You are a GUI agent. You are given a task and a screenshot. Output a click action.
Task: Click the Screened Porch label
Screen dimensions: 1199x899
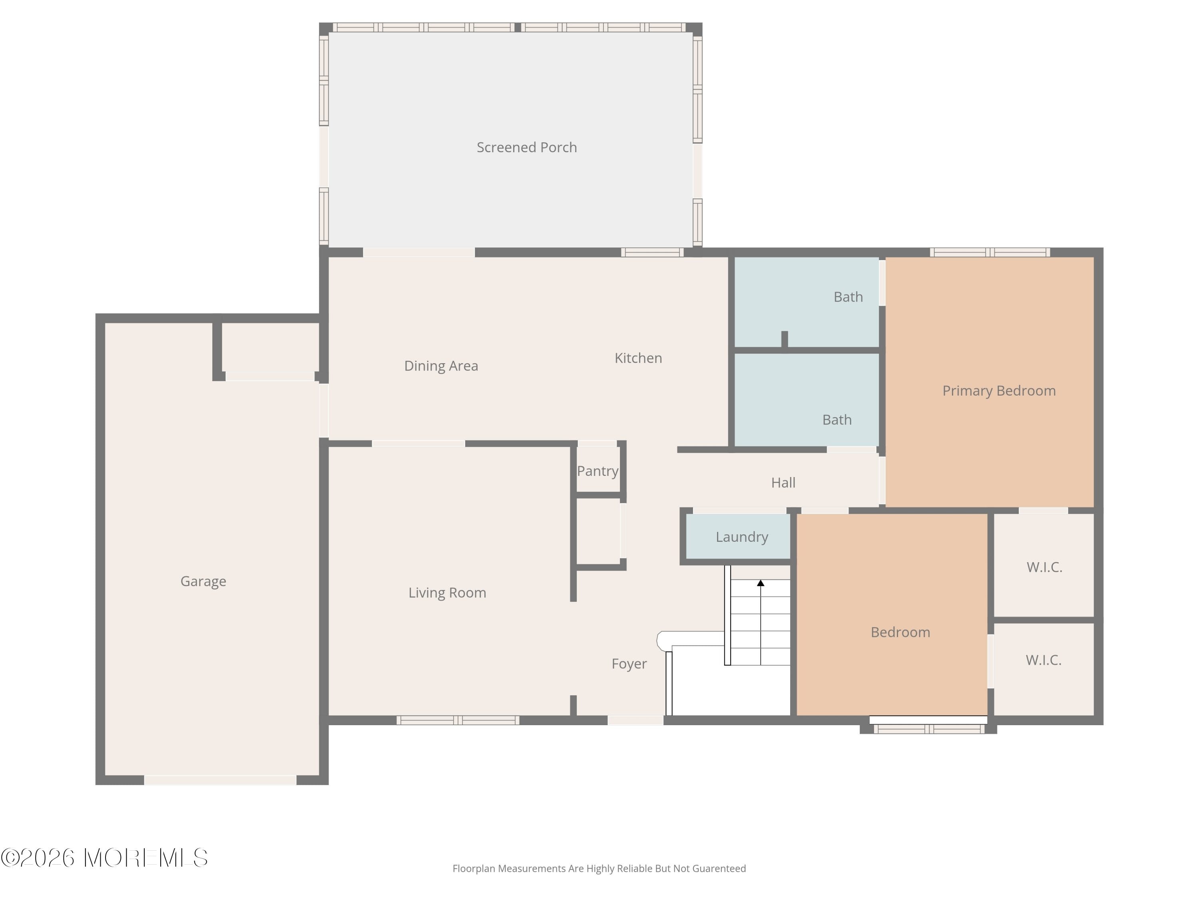[526, 147]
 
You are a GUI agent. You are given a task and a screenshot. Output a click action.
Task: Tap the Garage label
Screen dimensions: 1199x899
[203, 581]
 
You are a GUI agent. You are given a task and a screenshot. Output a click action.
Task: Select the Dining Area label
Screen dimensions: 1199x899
[441, 366]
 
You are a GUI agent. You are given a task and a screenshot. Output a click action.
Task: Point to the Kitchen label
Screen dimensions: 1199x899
[638, 358]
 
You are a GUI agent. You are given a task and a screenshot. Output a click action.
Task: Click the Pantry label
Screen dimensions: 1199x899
[598, 471]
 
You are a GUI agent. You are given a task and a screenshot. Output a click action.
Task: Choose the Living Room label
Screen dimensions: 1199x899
[447, 593]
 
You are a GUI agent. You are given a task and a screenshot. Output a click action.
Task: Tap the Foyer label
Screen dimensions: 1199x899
[629, 664]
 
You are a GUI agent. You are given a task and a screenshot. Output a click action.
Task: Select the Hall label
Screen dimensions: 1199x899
[783, 483]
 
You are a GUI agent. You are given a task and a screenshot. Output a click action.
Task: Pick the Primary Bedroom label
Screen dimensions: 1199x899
[999, 391]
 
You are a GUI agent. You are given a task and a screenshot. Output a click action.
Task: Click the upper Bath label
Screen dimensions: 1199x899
[848, 297]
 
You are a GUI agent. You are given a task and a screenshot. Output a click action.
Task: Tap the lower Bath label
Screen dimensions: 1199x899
[837, 420]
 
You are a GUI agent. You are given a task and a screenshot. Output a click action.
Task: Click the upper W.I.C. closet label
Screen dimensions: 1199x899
[1044, 567]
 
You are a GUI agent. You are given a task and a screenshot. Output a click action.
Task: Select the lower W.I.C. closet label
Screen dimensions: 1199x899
[1044, 660]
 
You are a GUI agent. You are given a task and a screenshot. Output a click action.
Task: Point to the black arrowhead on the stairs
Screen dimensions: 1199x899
[761, 583]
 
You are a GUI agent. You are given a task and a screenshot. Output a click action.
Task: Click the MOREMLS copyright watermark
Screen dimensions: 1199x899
[104, 858]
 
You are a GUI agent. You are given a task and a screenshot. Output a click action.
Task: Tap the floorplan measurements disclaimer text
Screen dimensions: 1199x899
[599, 869]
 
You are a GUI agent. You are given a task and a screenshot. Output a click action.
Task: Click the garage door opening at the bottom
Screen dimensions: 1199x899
[220, 780]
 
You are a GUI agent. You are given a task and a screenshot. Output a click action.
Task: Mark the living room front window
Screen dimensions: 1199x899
[458, 720]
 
